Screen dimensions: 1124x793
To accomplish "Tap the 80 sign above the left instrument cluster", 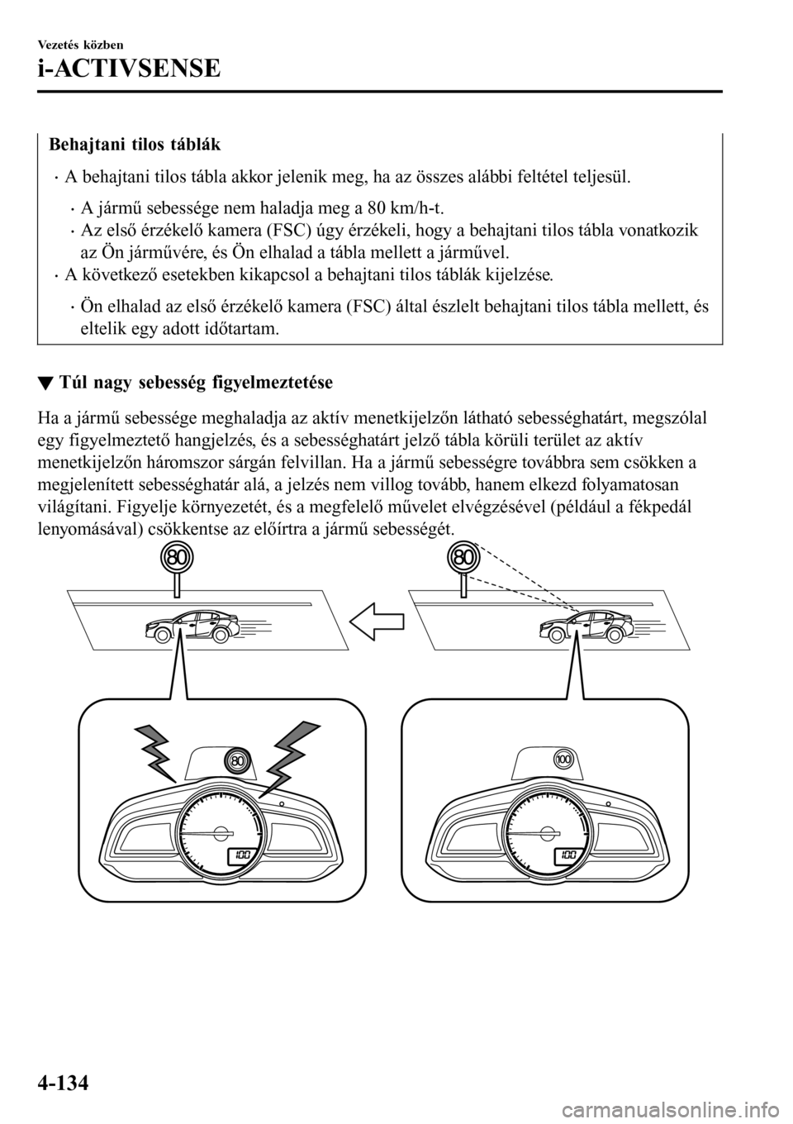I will (237, 760).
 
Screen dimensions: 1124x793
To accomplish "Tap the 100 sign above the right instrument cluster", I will (564, 759).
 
